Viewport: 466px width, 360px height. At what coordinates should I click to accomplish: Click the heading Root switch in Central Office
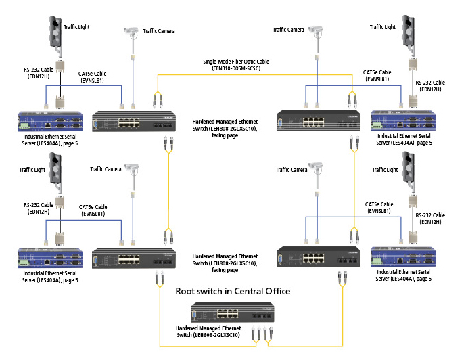[233, 291]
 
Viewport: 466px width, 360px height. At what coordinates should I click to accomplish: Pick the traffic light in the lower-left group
[58, 173]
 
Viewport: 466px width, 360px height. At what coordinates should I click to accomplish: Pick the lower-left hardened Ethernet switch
[139, 258]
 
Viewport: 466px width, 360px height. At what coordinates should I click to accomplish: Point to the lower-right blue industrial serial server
[404, 258]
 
